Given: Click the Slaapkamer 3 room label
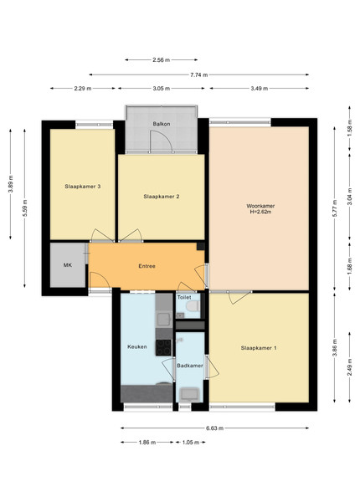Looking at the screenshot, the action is tap(83, 187).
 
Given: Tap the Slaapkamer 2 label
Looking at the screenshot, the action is tap(161, 197).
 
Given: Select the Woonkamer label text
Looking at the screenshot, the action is tap(260, 206).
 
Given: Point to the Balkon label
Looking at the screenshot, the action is tap(162, 124).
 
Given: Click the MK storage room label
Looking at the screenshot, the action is tap(68, 265).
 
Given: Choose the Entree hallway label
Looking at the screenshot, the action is tap(147, 266).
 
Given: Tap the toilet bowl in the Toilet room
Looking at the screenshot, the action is tap(193, 306).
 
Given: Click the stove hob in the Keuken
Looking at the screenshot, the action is tap(163, 347).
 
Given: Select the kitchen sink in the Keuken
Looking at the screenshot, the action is tap(163, 319).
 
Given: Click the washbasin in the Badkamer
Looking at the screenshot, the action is tap(190, 394).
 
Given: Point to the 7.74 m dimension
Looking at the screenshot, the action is tap(199, 75).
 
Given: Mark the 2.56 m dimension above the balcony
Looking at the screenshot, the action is tap(161, 60).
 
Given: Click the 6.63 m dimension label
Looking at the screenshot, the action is tap(214, 428).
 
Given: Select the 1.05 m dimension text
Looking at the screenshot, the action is tap(191, 443).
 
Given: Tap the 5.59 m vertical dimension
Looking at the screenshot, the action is tap(25, 208).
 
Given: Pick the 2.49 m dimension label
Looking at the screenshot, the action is tap(349, 367).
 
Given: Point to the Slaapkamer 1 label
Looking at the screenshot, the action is tap(259, 348).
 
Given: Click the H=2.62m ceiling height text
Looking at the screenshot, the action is tap(260, 212).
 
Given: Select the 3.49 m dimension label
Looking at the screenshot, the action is tap(259, 89).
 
